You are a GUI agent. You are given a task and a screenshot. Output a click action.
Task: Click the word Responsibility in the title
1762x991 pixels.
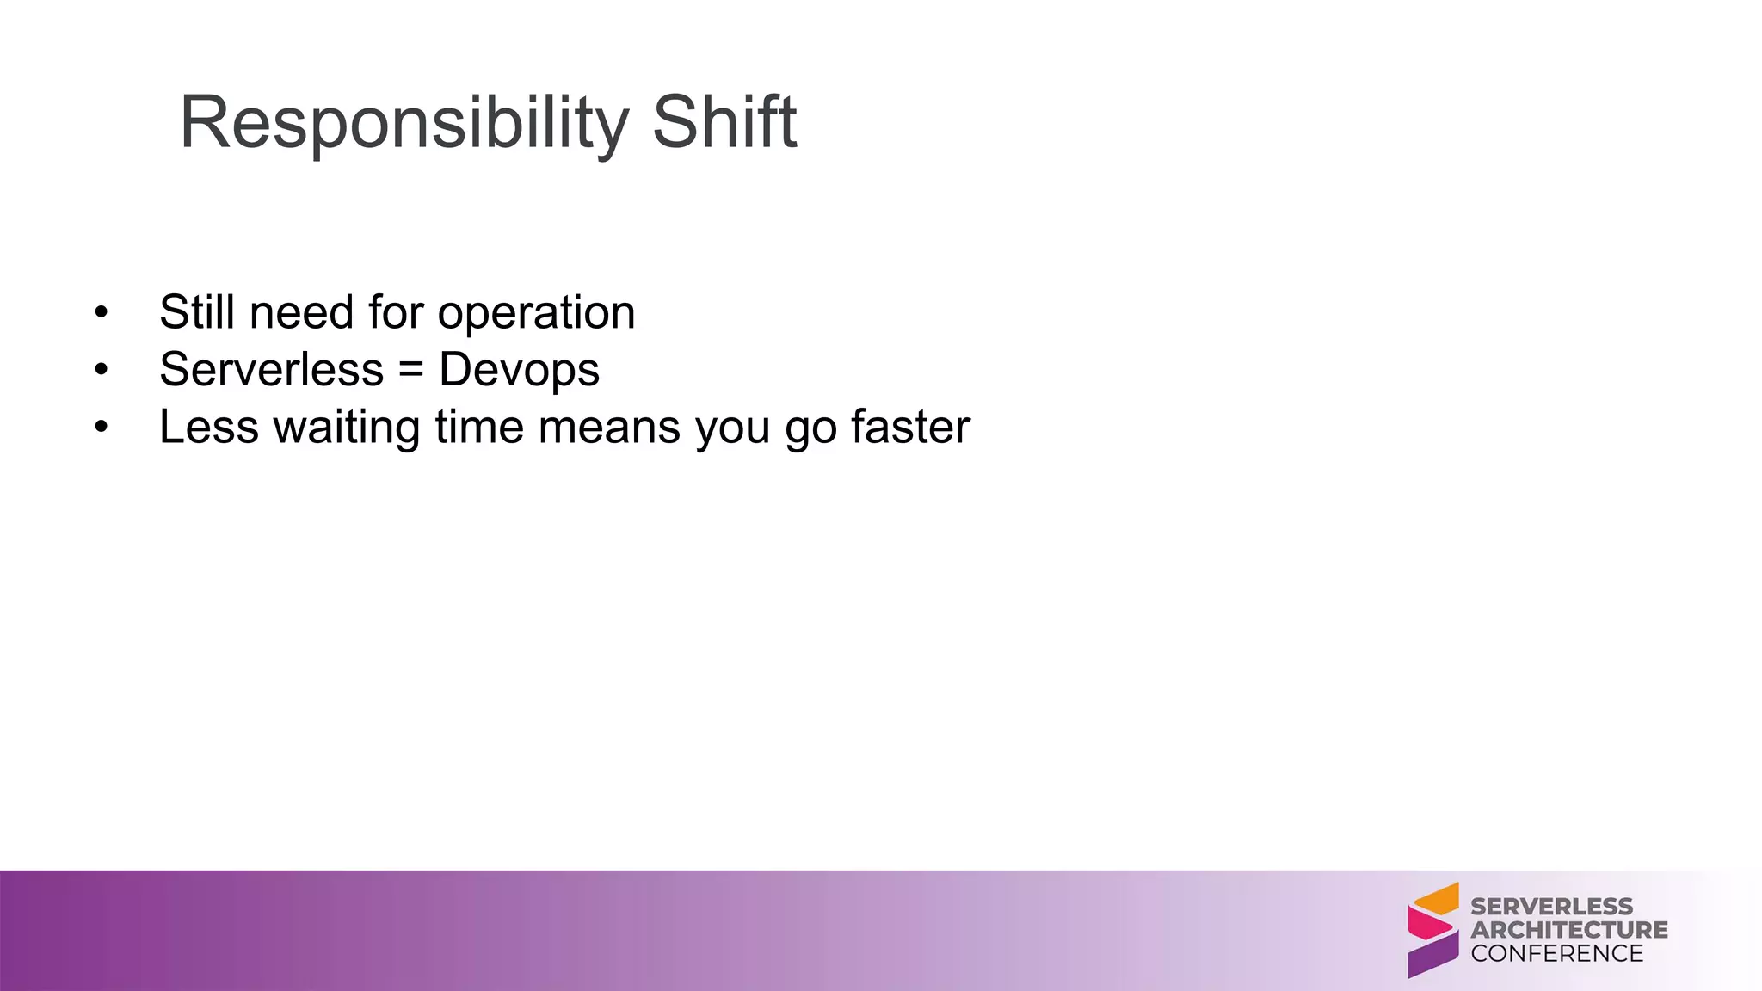click(404, 123)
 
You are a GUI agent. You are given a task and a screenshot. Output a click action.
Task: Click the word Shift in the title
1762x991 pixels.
click(724, 123)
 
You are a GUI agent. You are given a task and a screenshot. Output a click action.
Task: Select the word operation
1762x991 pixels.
click(536, 313)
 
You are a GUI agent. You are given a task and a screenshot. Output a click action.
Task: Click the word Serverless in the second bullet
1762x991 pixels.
click(271, 370)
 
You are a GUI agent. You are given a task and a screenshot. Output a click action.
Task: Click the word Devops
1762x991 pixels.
click(519, 371)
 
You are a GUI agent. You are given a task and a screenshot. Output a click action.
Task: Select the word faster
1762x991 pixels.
click(910, 427)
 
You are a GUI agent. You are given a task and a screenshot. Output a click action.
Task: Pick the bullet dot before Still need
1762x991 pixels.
click(102, 311)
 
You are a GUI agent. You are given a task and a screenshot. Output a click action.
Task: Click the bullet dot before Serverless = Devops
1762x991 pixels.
click(102, 369)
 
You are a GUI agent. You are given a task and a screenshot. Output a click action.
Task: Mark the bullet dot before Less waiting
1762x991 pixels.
click(102, 427)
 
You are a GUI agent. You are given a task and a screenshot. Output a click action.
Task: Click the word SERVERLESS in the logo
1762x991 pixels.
click(1551, 907)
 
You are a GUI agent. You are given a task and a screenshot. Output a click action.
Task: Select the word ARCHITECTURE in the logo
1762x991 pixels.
click(1568, 930)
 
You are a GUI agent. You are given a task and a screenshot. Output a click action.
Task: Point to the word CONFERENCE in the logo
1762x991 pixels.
click(1556, 953)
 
